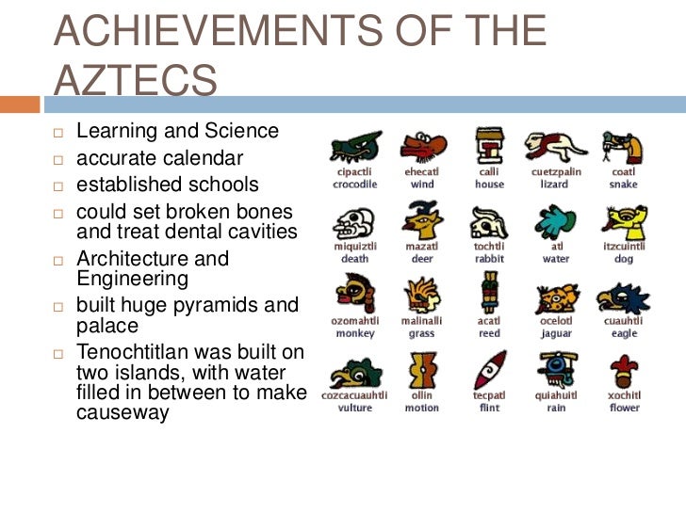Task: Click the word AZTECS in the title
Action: (136, 81)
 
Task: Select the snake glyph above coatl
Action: (623, 147)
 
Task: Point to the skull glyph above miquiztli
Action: (354, 222)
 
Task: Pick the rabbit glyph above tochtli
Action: (488, 222)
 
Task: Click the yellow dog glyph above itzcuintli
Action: (623, 222)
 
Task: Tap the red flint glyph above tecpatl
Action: (488, 371)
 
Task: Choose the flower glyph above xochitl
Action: (623, 371)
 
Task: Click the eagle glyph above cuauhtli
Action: (623, 297)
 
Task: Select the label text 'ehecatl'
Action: (421, 172)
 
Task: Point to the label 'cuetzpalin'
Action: (556, 172)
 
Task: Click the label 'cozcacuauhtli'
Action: (354, 395)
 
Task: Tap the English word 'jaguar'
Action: (556, 333)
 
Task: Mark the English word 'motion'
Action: (421, 408)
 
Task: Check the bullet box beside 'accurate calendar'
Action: (57, 158)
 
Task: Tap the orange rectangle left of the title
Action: (20, 104)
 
